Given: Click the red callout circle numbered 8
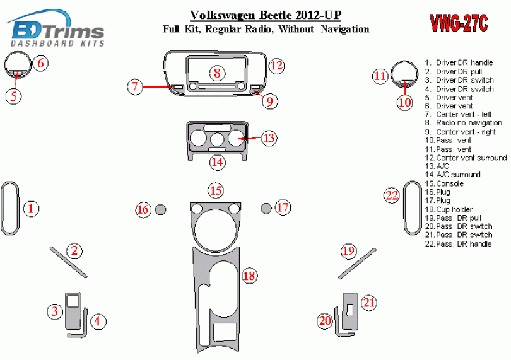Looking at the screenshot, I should click(x=216, y=73).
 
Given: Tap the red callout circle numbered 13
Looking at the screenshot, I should click(x=269, y=137).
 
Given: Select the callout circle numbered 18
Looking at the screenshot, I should click(x=249, y=276).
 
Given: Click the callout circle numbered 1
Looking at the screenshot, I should click(x=32, y=208).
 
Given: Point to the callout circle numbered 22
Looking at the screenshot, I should click(x=392, y=195).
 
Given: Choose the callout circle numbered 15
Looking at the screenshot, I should click(x=216, y=190).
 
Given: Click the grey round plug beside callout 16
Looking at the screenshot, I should click(x=161, y=209).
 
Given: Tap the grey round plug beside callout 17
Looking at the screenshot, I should click(x=266, y=208).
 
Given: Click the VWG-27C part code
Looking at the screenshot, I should click(x=459, y=23).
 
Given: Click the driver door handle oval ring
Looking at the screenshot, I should click(x=9, y=207).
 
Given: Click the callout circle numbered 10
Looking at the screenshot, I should click(x=404, y=102).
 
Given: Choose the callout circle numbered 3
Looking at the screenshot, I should click(x=56, y=311).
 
